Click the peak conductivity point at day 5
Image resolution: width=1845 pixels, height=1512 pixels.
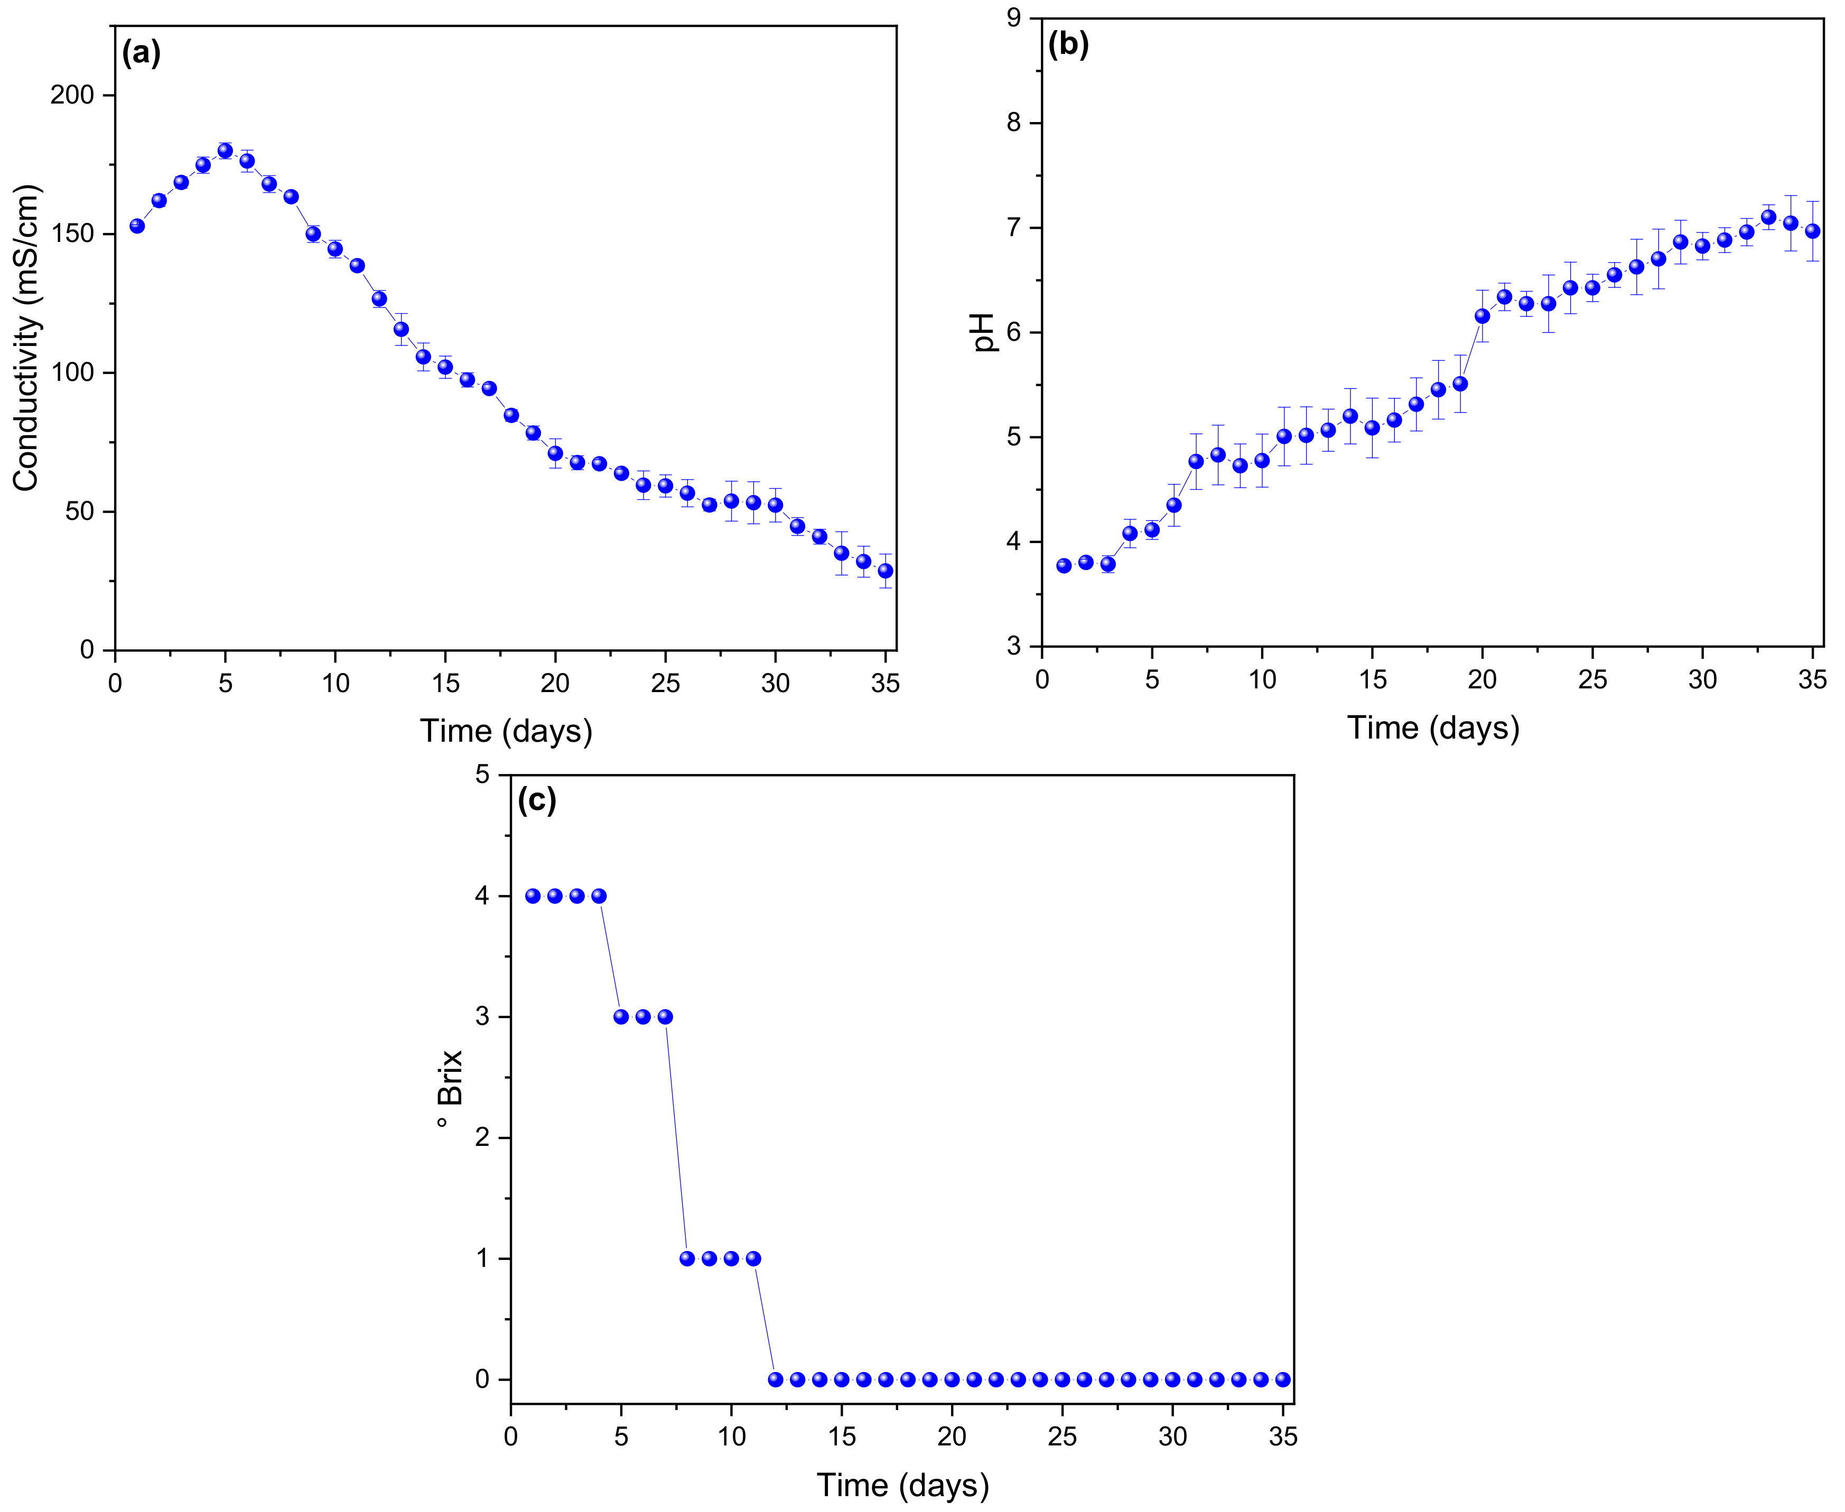[x=225, y=151]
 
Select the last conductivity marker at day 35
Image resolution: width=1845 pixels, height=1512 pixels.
[x=885, y=571]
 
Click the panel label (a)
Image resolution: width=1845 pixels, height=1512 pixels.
[x=141, y=54]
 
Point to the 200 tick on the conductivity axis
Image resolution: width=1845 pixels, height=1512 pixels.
[x=72, y=95]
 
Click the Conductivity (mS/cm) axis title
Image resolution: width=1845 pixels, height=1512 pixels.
[x=26, y=338]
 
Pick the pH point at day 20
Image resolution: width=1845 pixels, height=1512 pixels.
[x=1481, y=316]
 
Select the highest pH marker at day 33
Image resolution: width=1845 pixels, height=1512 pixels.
[x=1768, y=217]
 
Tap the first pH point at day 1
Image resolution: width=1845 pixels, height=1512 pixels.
[x=1064, y=566]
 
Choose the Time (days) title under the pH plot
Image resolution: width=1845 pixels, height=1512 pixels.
[x=1433, y=727]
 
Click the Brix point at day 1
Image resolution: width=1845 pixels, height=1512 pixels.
[x=532, y=896]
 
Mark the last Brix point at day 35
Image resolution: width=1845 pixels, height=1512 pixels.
[x=1282, y=1379]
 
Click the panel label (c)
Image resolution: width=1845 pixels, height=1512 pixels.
[x=537, y=799]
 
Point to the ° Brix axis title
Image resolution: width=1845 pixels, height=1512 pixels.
[x=450, y=1089]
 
